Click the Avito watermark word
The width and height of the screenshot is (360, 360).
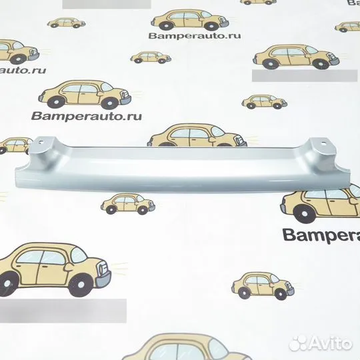(x=331, y=343)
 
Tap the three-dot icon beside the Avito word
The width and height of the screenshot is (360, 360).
(x=297, y=343)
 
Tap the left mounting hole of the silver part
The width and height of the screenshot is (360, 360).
(x=41, y=141)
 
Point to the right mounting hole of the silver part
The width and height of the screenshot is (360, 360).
(x=324, y=143)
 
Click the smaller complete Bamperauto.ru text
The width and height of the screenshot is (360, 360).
(x=195, y=36)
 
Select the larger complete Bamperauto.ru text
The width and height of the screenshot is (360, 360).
(x=86, y=116)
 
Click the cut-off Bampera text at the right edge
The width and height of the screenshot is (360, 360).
(x=321, y=235)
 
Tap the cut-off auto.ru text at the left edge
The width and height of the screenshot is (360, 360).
(x=23, y=70)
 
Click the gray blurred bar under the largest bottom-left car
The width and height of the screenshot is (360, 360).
(x=63, y=311)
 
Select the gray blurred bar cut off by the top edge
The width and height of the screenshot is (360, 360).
(x=107, y=4)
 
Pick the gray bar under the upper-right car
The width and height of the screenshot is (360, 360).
(x=305, y=75)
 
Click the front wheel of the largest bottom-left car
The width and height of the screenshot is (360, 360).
(x=80, y=285)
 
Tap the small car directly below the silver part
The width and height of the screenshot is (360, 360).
(x=128, y=203)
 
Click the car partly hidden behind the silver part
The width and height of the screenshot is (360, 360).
(x=197, y=135)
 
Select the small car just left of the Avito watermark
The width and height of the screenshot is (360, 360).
(x=263, y=285)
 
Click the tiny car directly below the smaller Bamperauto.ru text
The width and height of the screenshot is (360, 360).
(x=151, y=57)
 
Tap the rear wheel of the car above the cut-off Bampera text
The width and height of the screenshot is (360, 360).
(x=305, y=213)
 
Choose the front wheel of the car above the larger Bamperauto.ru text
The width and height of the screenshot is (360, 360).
(x=109, y=103)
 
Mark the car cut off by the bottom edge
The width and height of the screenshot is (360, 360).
(x=186, y=347)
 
